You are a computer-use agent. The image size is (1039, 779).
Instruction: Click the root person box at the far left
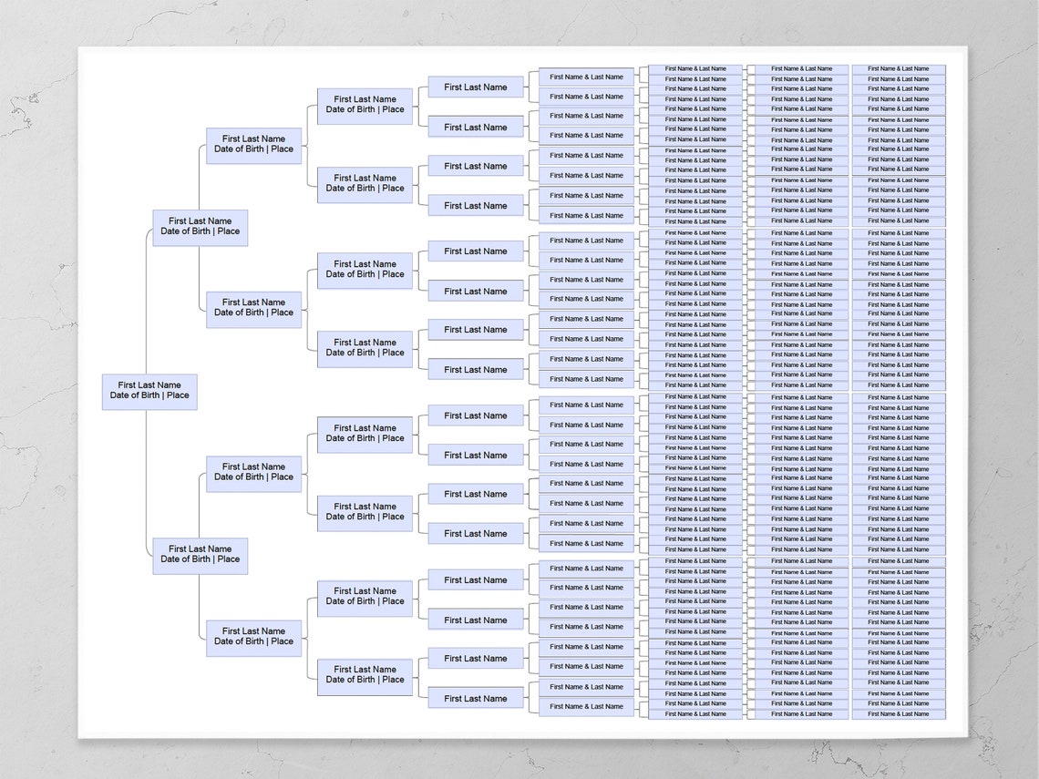pos(149,391)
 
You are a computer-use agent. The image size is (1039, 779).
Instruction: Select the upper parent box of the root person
pos(201,227)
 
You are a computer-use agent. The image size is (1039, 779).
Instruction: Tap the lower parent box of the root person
pos(201,555)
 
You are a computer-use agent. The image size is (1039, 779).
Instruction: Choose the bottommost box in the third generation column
pos(253,637)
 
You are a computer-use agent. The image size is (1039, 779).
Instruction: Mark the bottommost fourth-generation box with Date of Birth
pos(365,675)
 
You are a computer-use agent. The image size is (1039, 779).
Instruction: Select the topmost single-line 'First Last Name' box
pos(476,87)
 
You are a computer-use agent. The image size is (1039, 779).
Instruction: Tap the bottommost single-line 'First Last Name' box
pos(476,699)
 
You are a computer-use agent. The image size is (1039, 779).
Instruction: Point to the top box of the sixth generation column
pos(586,77)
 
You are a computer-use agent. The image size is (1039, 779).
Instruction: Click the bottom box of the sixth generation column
pos(586,707)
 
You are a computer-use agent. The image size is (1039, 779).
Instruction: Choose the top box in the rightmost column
pos(899,69)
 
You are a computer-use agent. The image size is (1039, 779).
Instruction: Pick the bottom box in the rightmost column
pos(899,714)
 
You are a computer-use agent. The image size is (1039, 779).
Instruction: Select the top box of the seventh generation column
pos(695,69)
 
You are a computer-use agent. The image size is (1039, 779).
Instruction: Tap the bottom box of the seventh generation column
pos(695,714)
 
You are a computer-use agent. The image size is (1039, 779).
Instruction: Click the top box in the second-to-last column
pos(801,69)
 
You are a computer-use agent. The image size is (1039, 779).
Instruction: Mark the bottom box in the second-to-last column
pos(801,714)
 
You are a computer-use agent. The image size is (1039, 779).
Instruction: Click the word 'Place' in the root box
pos(178,396)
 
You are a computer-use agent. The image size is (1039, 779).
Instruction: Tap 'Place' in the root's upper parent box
pos(228,231)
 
